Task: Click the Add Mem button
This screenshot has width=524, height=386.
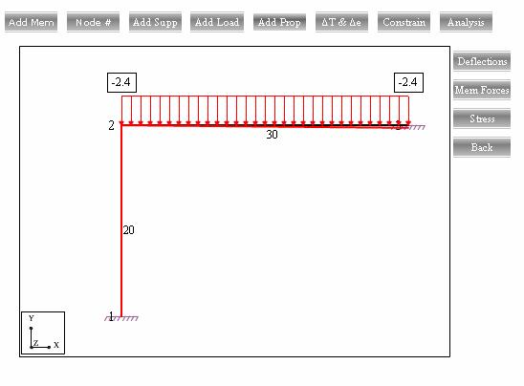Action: (x=32, y=22)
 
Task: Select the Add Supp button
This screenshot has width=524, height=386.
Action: (x=155, y=22)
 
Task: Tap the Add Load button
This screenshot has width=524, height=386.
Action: (x=217, y=22)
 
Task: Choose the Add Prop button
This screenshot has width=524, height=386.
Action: (x=279, y=22)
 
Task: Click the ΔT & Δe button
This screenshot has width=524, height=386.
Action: (x=341, y=22)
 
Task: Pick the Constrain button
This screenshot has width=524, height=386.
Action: (x=404, y=22)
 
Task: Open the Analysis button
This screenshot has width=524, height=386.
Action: (x=466, y=22)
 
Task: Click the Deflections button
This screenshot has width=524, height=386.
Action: (x=482, y=61)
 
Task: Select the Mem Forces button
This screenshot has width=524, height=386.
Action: (x=482, y=90)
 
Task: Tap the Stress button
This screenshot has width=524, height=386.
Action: (x=482, y=118)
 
